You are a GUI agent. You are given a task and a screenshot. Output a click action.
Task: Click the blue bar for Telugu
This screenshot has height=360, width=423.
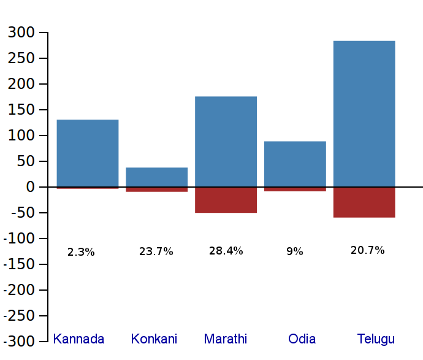[x=364, y=113]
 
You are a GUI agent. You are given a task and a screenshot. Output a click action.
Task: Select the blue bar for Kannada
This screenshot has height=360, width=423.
[x=88, y=153]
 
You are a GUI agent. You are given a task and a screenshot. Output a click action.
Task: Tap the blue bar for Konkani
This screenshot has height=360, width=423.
[x=157, y=177]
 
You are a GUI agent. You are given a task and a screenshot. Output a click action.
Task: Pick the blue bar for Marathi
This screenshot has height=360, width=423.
[x=226, y=141]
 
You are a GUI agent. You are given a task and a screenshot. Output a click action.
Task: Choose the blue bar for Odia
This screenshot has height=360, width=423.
[x=295, y=164]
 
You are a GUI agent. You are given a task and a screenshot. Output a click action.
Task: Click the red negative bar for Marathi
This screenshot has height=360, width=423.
[x=226, y=200]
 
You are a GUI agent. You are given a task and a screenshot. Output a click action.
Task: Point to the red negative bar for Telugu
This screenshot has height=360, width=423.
[x=364, y=202]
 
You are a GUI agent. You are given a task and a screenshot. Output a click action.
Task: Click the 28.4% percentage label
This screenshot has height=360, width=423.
[x=226, y=251]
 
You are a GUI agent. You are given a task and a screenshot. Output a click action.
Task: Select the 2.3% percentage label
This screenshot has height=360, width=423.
[x=81, y=252]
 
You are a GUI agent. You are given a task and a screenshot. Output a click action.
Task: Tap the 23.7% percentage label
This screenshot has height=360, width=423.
[x=156, y=251]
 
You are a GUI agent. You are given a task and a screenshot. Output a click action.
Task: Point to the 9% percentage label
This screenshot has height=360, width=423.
[x=295, y=251]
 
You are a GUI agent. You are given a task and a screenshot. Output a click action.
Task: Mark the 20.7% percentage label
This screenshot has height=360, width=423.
[x=368, y=250]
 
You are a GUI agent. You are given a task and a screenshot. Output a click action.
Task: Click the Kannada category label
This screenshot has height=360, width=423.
[x=78, y=339]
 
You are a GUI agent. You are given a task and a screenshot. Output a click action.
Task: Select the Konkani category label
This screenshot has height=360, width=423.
[x=154, y=339]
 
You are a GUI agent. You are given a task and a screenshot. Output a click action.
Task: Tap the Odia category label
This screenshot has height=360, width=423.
[x=302, y=339]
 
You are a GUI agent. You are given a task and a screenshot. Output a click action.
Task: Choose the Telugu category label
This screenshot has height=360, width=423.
[x=376, y=339]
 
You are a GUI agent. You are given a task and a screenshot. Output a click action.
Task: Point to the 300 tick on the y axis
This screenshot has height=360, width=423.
[x=21, y=33]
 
